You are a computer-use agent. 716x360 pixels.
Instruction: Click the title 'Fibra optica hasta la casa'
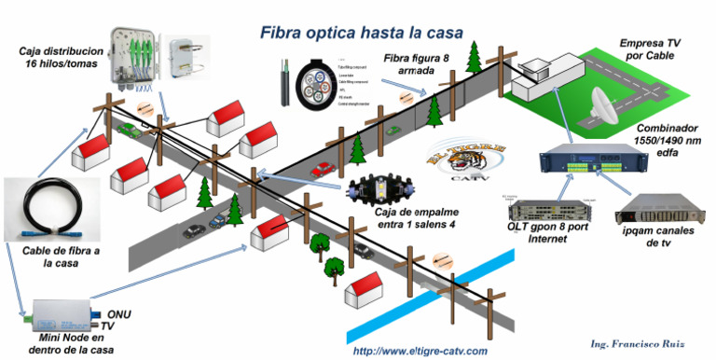[x=361, y=33]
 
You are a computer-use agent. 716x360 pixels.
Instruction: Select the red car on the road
[x=323, y=170]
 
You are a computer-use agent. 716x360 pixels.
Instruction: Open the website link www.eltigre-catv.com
[x=420, y=351]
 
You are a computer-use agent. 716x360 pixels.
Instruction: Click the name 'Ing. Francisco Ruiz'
[x=639, y=343]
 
